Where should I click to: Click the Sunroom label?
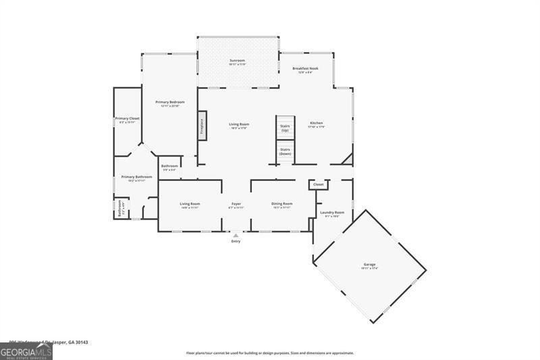pos(237,61)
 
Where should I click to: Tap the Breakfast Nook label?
pos(305,70)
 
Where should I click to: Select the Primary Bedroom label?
pos(169,103)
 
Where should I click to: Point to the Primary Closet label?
pos(127,120)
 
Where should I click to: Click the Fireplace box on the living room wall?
pos(201,126)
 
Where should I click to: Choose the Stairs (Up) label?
pos(285,128)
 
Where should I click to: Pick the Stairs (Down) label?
pos(285,151)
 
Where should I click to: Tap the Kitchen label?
pos(317,124)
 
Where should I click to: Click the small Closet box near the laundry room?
pos(318,184)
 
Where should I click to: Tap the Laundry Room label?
pos(331,213)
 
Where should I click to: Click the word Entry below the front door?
pos(236,241)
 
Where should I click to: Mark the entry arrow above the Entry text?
pos(236,235)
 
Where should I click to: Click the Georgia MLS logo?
pos(26,351)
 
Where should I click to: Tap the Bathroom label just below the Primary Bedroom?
pos(169,167)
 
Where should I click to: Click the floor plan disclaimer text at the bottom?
pos(269,353)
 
